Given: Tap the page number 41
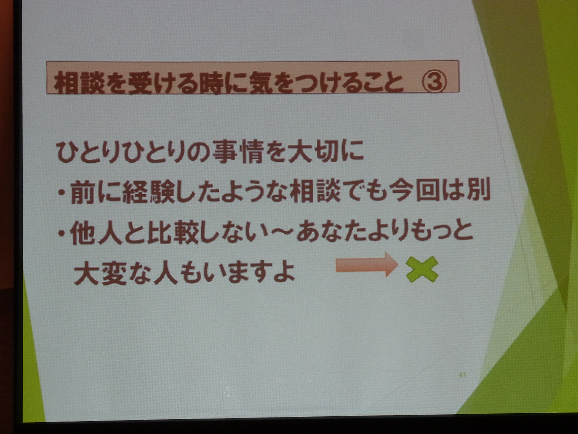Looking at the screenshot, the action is point(462,375).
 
